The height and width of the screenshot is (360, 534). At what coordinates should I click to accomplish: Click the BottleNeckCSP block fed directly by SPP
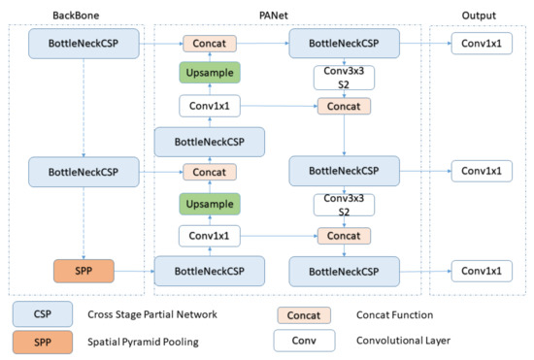[210, 269]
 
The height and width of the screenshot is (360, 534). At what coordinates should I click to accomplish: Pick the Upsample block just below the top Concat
[210, 75]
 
